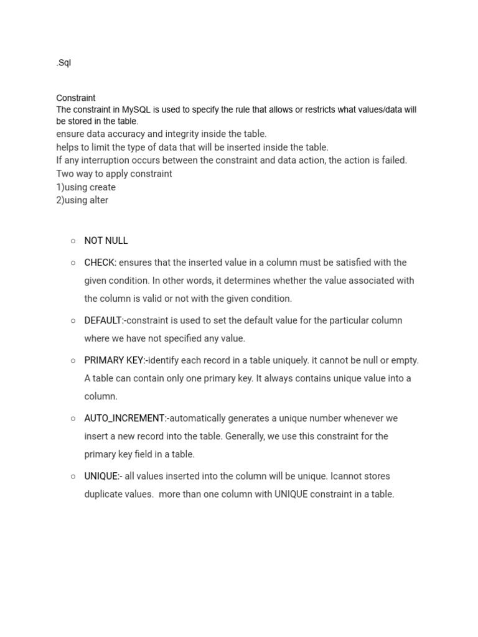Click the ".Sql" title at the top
pos(63,63)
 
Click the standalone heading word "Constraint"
pos(76,98)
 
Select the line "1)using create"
pos(86,187)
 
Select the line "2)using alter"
pos(82,200)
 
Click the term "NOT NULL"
pos(106,241)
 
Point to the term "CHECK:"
pos(100,263)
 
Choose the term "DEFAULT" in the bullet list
pos(103,320)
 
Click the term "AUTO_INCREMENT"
pos(124,418)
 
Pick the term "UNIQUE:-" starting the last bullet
pos(103,476)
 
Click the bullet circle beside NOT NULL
pos(73,241)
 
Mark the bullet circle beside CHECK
pos(73,263)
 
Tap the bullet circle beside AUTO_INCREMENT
pos(73,418)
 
